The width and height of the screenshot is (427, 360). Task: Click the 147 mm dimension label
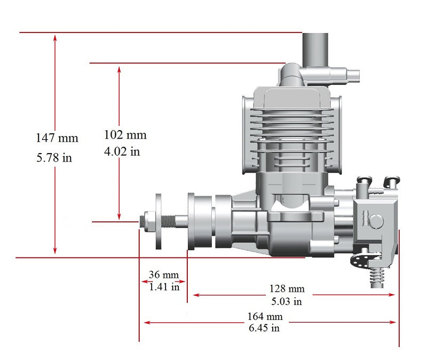[x=57, y=138]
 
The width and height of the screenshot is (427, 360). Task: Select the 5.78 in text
[x=54, y=157]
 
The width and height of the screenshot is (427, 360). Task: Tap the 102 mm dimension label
[x=125, y=135]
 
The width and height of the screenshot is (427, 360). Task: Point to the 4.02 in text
[x=122, y=151]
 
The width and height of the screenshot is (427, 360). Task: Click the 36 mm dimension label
[x=164, y=275]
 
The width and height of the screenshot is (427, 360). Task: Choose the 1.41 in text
[x=164, y=286]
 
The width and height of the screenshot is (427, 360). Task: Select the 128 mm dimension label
[x=287, y=289]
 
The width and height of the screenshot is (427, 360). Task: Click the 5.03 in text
[x=287, y=301]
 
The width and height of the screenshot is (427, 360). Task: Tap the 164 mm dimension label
[x=265, y=316]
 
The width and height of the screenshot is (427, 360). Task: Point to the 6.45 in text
[x=264, y=327]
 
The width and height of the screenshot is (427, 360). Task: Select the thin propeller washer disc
[x=158, y=221]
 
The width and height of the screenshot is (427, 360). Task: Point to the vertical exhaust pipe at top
[x=315, y=50]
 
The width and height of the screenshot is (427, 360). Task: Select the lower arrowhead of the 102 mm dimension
[x=119, y=216]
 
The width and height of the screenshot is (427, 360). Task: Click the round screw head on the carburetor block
[x=376, y=221]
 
